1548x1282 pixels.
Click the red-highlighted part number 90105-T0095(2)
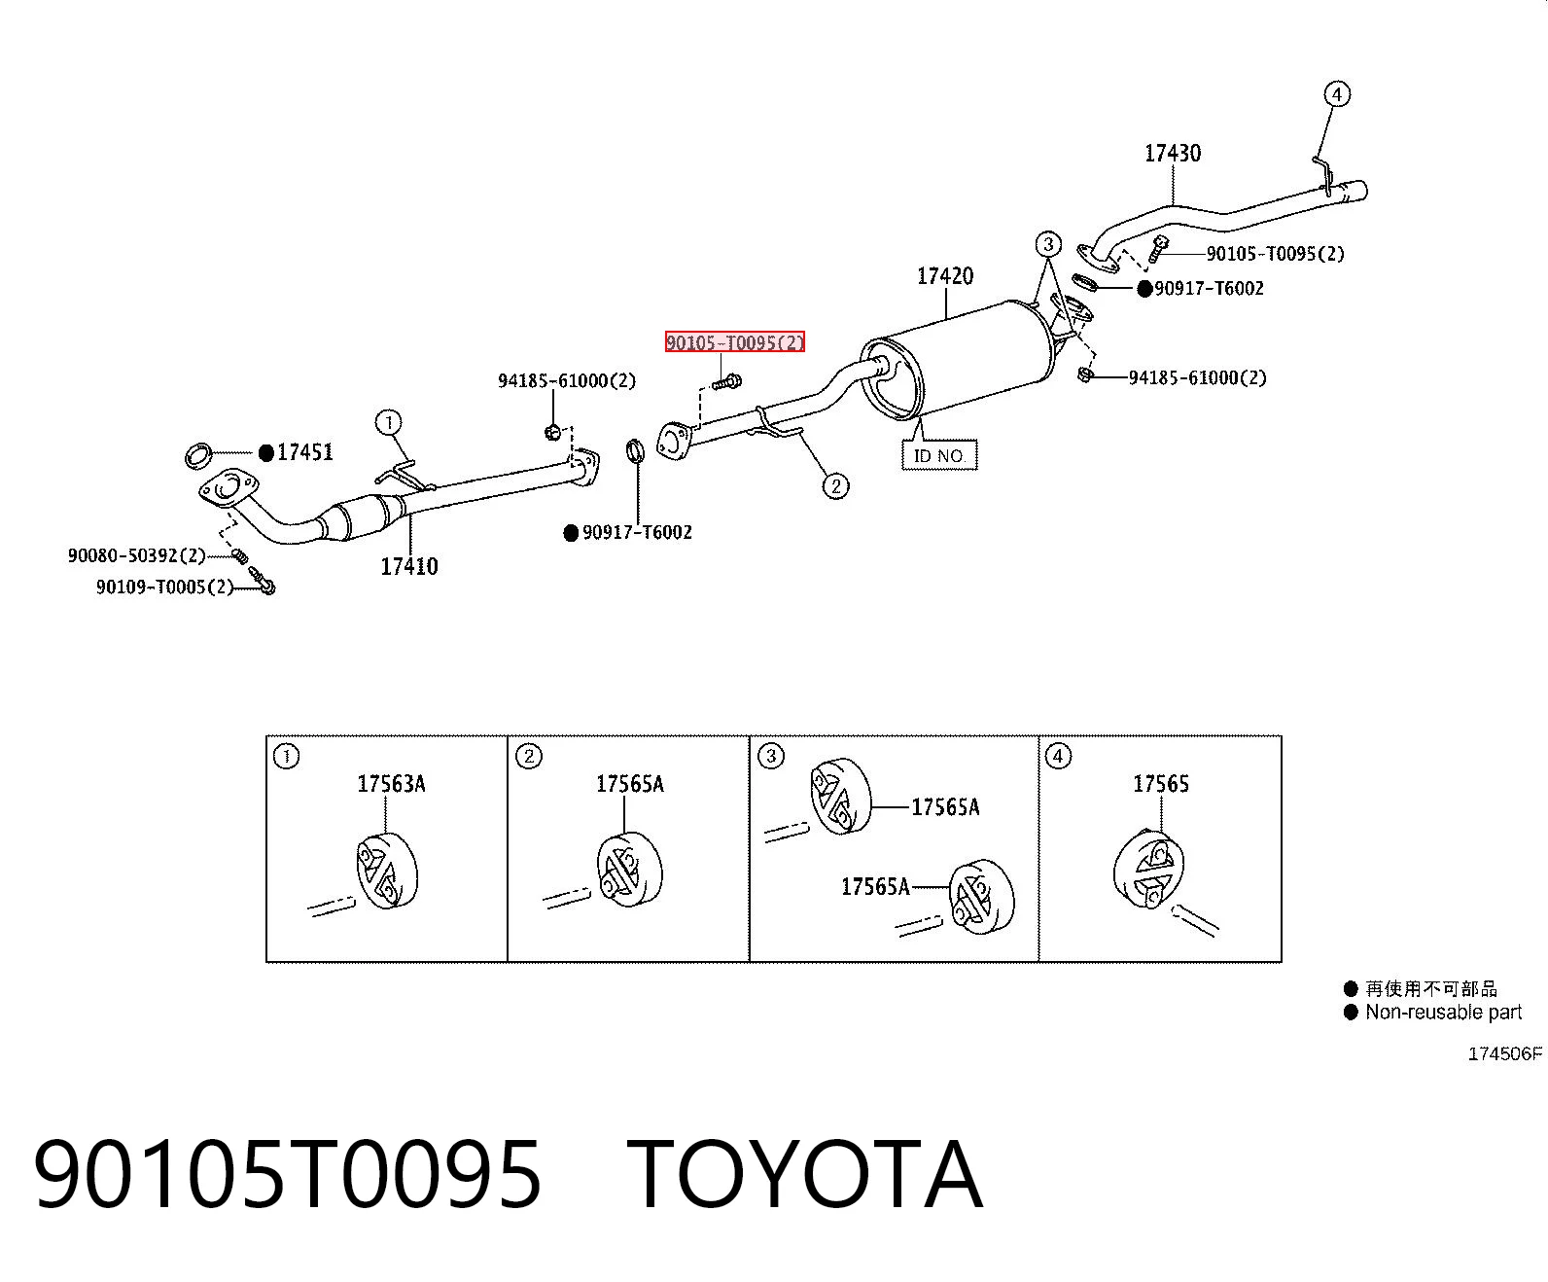(x=735, y=342)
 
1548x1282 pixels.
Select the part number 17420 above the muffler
(x=945, y=276)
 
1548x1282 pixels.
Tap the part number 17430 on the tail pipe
(x=1173, y=153)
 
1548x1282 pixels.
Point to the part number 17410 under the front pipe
(x=409, y=566)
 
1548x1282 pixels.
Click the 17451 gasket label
(x=304, y=452)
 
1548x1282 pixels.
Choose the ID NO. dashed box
(x=939, y=455)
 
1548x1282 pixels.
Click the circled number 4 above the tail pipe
(x=1337, y=94)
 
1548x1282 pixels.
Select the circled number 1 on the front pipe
(x=389, y=422)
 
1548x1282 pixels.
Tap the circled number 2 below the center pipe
(x=836, y=486)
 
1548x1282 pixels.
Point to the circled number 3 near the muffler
(x=1048, y=244)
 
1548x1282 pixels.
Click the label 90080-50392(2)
(x=136, y=555)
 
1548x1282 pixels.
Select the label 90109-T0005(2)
(x=164, y=587)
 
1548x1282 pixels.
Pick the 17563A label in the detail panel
(x=392, y=783)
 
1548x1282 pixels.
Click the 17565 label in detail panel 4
(x=1161, y=783)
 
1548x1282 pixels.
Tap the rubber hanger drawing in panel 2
(x=629, y=871)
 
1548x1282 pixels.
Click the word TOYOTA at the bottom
(x=805, y=1174)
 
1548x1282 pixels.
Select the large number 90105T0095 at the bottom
(x=288, y=1174)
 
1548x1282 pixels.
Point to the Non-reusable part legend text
(x=1443, y=1012)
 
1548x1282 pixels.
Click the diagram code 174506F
(x=1505, y=1053)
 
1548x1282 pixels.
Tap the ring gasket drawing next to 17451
(x=198, y=455)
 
